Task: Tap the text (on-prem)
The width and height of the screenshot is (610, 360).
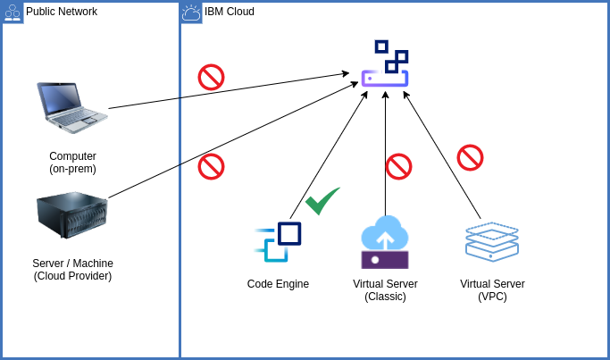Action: pos(72,169)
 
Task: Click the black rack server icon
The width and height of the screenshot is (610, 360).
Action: pos(71,214)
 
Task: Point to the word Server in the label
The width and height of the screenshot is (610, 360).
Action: pos(48,264)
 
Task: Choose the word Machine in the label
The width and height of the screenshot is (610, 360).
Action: pos(93,264)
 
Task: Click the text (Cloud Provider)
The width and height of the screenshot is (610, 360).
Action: pos(72,276)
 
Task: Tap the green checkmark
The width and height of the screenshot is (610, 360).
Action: pos(322,201)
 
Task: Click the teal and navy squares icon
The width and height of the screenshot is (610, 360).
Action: pos(278,241)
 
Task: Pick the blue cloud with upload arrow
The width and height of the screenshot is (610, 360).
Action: pos(385,234)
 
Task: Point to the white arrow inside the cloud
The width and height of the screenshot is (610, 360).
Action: pos(385,239)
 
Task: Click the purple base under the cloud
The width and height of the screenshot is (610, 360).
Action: pos(385,260)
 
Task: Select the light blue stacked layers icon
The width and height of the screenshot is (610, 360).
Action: pos(491,241)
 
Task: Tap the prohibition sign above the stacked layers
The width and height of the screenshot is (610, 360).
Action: pos(470,157)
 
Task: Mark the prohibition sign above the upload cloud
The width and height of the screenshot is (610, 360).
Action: pos(398,166)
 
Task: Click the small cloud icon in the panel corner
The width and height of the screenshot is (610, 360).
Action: pos(191,13)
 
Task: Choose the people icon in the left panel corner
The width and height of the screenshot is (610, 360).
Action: pos(13,13)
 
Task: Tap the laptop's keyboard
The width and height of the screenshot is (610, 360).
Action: pos(79,116)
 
